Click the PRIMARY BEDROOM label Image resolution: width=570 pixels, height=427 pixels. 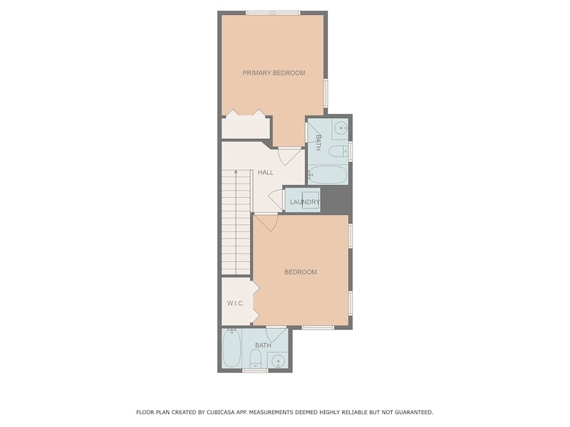click(274, 73)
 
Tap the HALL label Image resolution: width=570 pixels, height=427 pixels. click(266, 172)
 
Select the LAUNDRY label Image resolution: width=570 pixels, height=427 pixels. click(305, 202)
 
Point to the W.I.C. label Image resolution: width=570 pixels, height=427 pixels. click(236, 303)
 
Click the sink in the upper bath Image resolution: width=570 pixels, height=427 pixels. click(341, 128)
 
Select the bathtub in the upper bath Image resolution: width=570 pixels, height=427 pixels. click(328, 175)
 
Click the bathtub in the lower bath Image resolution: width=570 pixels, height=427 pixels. click(232, 348)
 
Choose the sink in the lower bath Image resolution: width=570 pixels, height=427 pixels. click(278, 360)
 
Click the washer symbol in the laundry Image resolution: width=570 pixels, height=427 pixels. click(311, 201)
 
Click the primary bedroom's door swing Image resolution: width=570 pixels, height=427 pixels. click(290, 155)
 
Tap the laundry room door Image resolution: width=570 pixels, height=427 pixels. click(276, 200)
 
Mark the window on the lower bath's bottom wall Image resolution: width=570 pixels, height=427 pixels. click(255, 370)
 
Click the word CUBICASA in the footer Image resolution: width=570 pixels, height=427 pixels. click(220, 412)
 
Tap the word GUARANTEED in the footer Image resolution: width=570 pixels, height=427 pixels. click(414, 412)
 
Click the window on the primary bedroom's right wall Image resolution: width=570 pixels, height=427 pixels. click(326, 94)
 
